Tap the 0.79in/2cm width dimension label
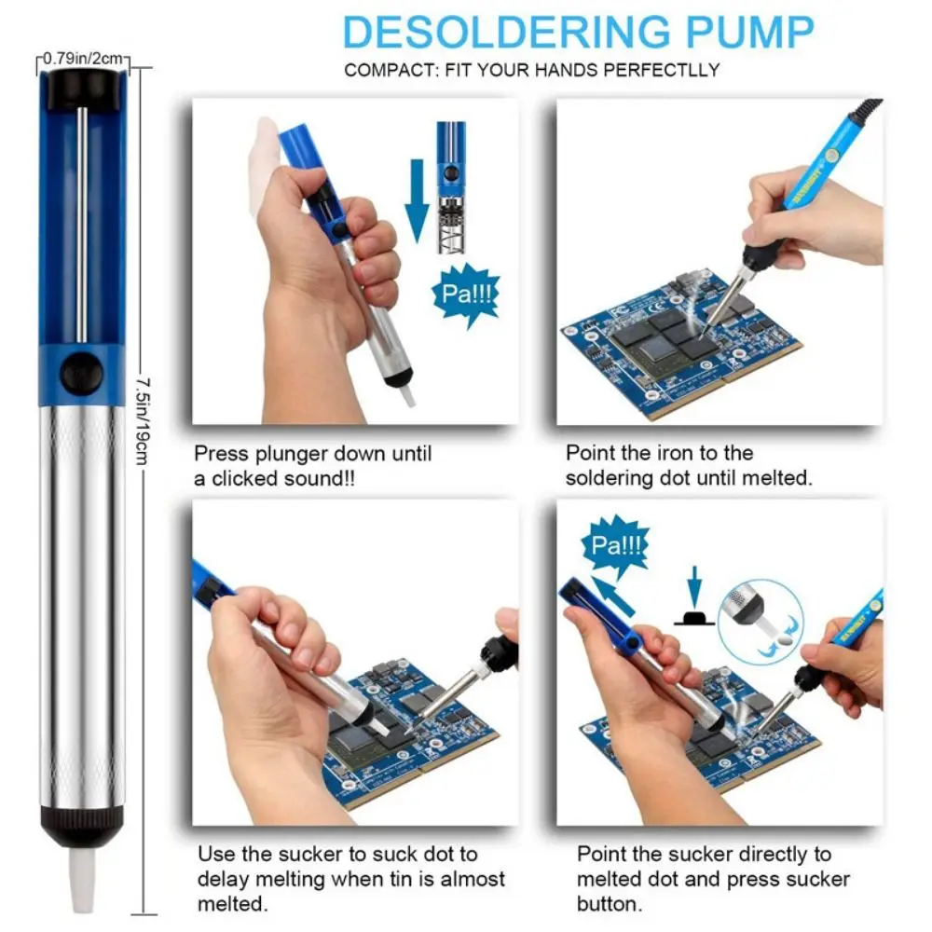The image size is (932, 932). coord(85,61)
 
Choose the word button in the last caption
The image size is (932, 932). coord(606,903)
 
